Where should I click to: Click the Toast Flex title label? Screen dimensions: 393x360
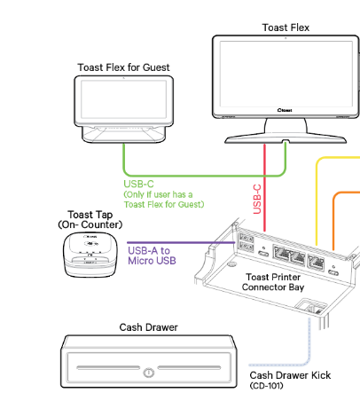point(286,28)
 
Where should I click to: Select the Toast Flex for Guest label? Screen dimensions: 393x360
point(123,67)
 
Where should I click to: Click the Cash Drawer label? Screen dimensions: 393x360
point(148,327)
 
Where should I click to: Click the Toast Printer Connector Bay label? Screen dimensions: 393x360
point(280,282)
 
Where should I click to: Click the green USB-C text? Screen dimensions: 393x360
point(142,184)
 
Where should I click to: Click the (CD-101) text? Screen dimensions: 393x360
point(270,386)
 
